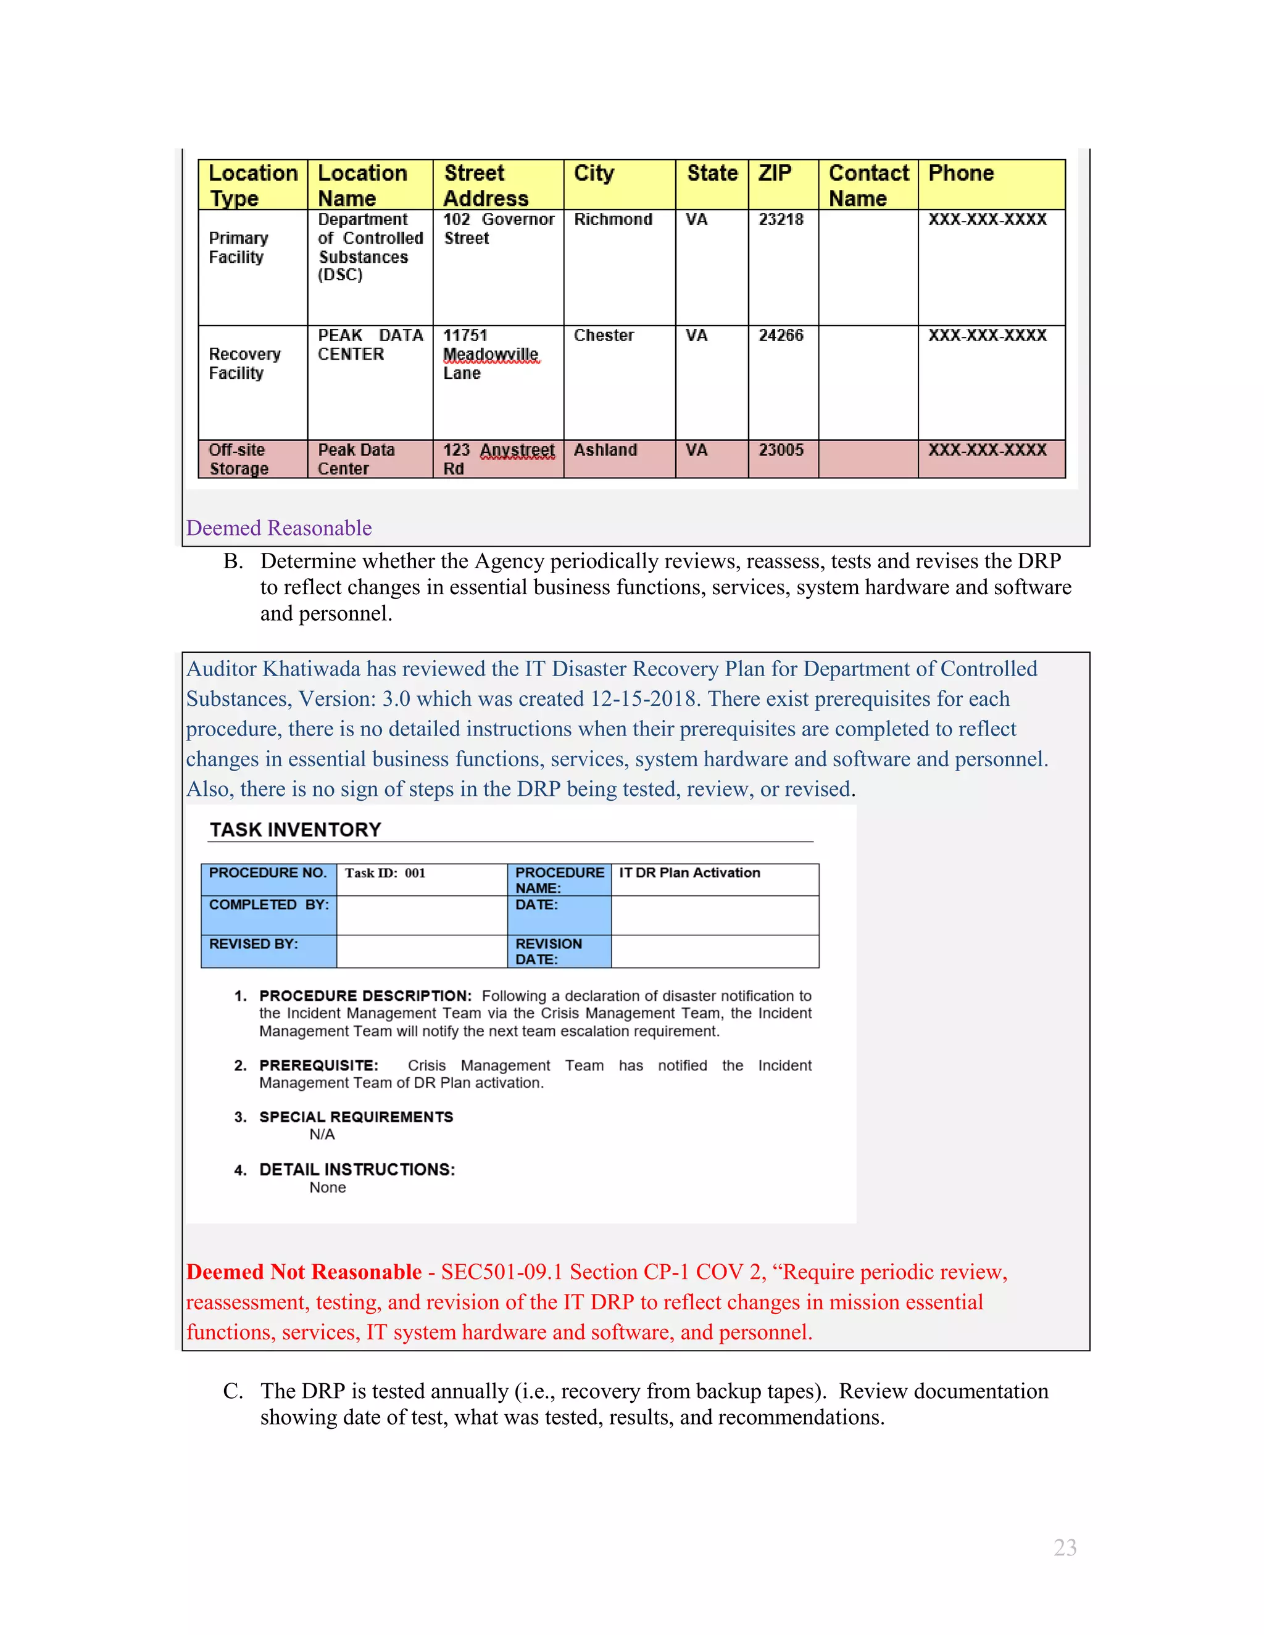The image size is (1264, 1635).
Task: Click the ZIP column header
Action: tap(775, 174)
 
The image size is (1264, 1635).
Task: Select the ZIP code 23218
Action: tap(780, 220)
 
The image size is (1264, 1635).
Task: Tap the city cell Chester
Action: tap(604, 336)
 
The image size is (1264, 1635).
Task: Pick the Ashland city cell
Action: tap(605, 450)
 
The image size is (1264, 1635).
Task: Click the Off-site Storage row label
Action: tap(239, 459)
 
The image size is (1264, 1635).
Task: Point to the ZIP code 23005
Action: tap(780, 450)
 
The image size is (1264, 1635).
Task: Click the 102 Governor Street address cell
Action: tap(498, 228)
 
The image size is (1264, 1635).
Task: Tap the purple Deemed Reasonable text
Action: tap(278, 529)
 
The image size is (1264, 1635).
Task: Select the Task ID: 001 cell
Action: tap(385, 873)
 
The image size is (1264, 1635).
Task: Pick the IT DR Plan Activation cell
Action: tap(689, 873)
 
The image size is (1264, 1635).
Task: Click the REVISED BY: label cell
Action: tap(254, 944)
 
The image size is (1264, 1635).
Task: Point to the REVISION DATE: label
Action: tap(548, 951)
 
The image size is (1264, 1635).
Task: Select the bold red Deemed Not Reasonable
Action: tap(304, 1272)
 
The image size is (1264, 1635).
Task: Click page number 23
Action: tap(1064, 1547)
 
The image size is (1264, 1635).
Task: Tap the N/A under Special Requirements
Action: tap(322, 1134)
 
